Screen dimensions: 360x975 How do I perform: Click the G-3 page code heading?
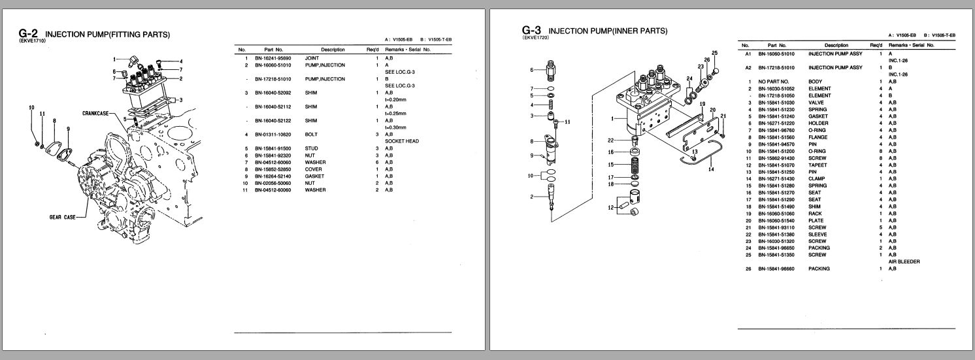532,30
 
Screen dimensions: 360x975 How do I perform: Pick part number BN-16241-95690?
274,59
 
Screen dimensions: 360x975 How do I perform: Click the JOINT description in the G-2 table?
313,59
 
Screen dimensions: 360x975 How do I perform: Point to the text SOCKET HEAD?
402,141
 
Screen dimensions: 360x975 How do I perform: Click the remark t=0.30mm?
397,127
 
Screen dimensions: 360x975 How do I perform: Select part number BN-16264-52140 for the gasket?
274,176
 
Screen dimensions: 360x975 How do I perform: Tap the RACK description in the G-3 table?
816,213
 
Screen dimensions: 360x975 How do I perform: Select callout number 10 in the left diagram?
31,106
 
